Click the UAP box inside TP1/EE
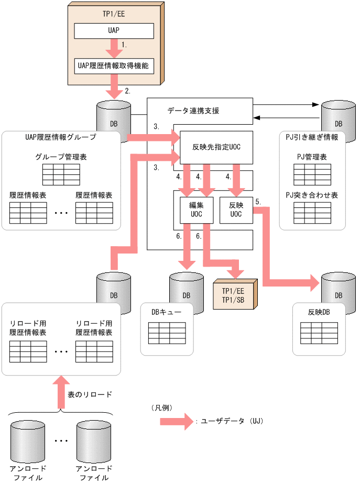114,31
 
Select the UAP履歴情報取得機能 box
114,67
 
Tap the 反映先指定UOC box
216,147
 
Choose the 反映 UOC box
235,210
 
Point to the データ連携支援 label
193,111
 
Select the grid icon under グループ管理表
61,174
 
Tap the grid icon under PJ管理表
312,174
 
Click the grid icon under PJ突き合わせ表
312,213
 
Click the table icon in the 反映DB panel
319,333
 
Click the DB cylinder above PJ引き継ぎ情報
335,116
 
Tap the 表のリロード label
90,394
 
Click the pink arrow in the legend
176,421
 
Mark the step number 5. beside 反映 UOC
258,201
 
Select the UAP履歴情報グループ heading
61,137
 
